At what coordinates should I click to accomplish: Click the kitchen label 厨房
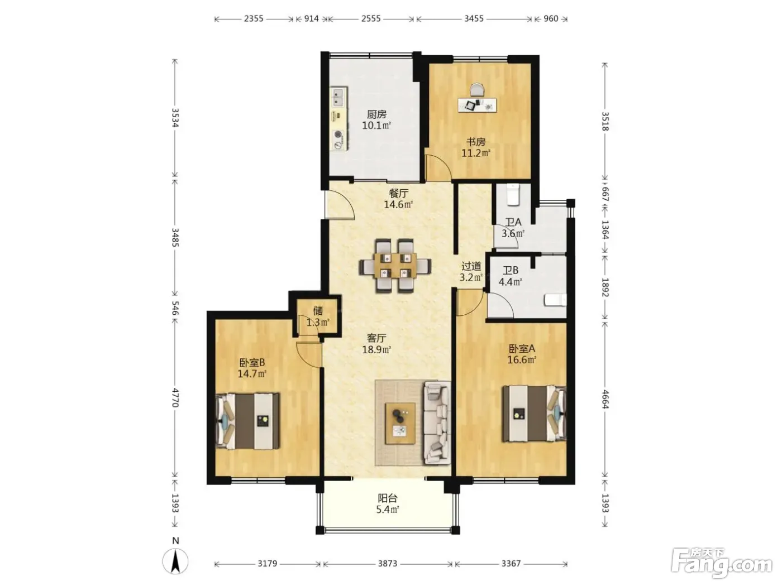pos(376,114)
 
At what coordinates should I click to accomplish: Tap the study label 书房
pos(476,142)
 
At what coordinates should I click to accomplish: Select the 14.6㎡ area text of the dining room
pos(398,205)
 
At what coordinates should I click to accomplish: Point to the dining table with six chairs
pos(395,266)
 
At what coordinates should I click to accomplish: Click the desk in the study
pos(478,105)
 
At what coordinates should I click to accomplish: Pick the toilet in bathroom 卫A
pos(513,195)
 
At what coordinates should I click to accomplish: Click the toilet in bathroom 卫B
pos(555,300)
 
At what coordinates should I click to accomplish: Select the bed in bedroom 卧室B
pos(248,421)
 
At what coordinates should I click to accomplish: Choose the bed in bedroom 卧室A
pos(535,414)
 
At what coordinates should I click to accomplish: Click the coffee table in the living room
pos(400,424)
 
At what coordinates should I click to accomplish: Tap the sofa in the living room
pos(437,422)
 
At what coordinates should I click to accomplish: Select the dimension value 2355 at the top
pos(253,18)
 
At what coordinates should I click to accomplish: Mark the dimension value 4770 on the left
pos(175,398)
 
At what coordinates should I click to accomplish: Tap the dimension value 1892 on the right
pos(605,287)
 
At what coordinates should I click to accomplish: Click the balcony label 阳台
pos(387,498)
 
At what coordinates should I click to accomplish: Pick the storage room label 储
pos(318,311)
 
